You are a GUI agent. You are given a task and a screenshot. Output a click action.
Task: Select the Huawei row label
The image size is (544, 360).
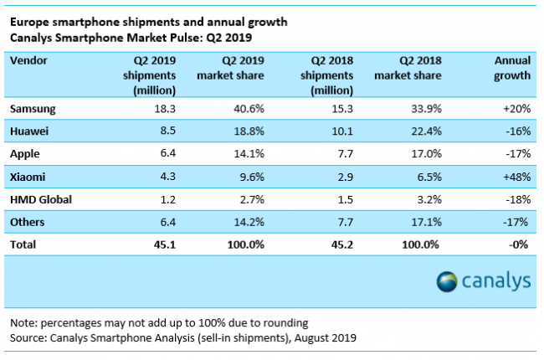point(31,132)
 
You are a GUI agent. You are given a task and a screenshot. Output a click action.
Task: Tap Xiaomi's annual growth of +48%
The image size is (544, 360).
point(516,177)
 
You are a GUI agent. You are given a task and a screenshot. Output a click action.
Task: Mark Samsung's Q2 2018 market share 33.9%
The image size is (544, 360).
point(424,110)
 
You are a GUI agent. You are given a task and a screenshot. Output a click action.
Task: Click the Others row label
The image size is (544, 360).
point(28,223)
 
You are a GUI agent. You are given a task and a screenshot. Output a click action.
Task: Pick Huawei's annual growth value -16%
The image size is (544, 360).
point(518,132)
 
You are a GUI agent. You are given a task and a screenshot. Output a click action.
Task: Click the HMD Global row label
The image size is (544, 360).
point(42,200)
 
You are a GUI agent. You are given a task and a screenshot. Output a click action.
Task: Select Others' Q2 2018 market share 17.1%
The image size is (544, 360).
point(424,223)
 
